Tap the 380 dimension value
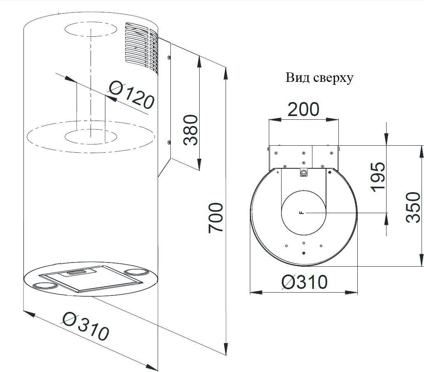point(191,130)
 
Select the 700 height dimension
point(215,217)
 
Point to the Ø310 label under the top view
point(305,282)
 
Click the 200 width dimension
point(303,109)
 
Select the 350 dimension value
point(413,207)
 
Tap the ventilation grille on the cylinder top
point(142,48)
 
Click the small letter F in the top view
point(302,213)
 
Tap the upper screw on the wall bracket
point(169,58)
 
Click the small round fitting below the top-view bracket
point(303,173)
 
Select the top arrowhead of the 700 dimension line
point(225,73)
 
